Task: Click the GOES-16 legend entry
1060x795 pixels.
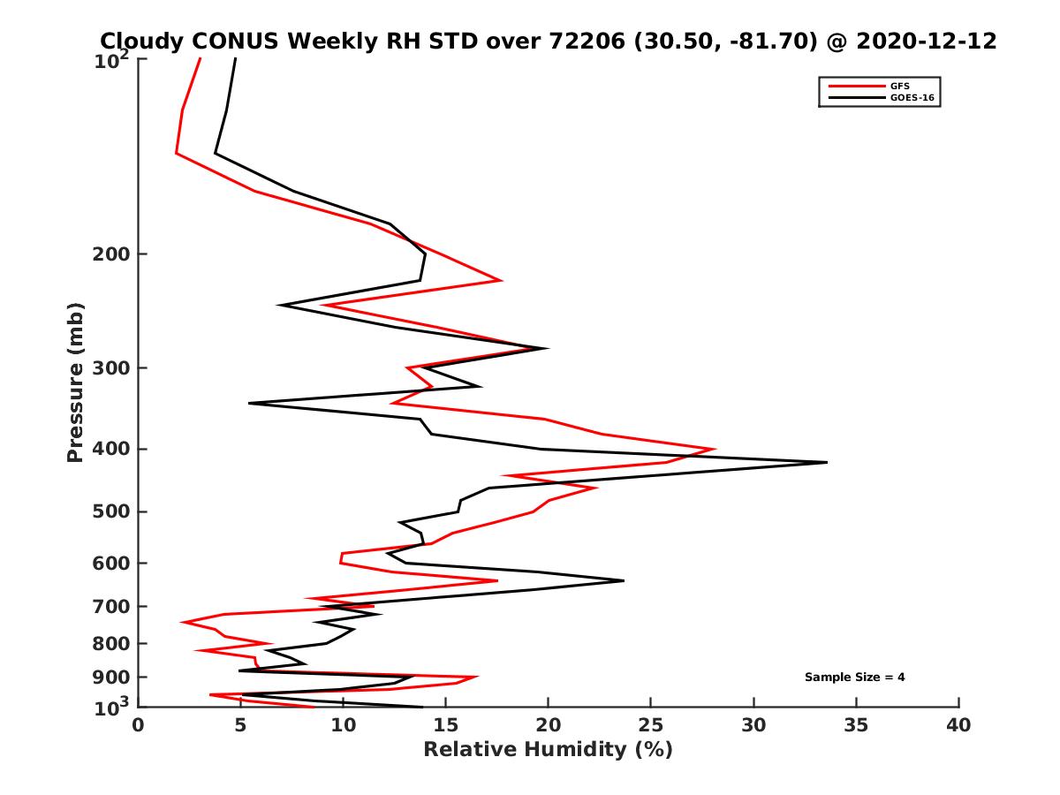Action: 911,98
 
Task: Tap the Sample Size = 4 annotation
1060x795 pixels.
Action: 854,678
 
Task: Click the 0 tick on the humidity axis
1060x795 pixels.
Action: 139,725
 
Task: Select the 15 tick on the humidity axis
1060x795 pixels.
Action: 446,725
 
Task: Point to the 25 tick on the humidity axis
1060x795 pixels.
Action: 651,725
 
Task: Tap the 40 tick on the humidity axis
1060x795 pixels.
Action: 958,725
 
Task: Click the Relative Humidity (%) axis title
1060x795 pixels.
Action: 548,750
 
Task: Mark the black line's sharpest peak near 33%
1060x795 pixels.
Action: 826,462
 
